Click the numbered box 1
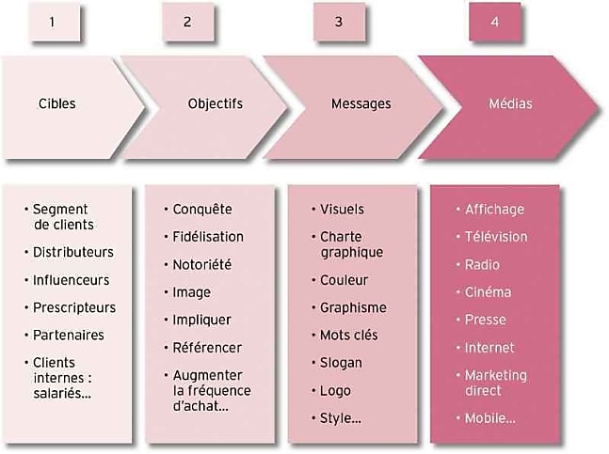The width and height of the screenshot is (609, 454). (x=55, y=22)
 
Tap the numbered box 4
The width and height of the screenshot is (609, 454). (x=494, y=22)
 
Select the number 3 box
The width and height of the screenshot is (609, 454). (x=340, y=22)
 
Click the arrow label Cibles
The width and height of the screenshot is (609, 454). (x=57, y=103)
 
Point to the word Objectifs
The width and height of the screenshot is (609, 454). (x=216, y=103)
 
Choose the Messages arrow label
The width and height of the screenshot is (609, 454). (x=361, y=104)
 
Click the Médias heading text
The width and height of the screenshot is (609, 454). (x=510, y=103)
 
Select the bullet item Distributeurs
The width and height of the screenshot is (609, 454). (x=73, y=252)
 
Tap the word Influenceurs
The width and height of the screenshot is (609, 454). (x=72, y=280)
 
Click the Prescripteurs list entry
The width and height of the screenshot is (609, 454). (x=74, y=307)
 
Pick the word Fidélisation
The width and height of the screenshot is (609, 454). (x=208, y=237)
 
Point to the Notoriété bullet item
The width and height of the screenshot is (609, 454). (x=202, y=265)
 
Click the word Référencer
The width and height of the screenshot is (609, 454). (x=207, y=348)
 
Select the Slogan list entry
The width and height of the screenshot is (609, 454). (x=341, y=363)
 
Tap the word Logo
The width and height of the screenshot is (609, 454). (x=335, y=391)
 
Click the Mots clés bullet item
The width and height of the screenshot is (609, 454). (x=348, y=335)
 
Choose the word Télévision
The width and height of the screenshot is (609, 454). (x=496, y=237)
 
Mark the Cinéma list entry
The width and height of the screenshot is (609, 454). (x=488, y=292)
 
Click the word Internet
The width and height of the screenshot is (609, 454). (x=489, y=348)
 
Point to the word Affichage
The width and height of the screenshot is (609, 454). (x=494, y=210)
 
